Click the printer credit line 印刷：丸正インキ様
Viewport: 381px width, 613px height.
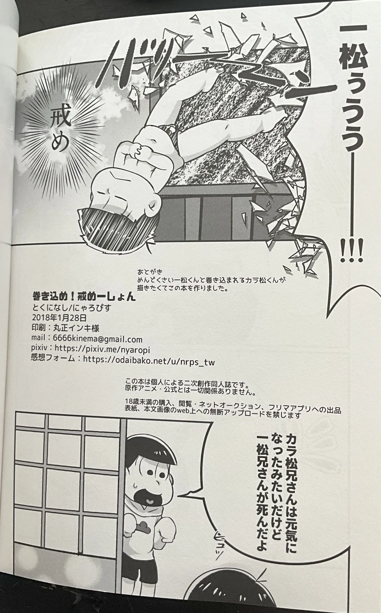tap(65, 328)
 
